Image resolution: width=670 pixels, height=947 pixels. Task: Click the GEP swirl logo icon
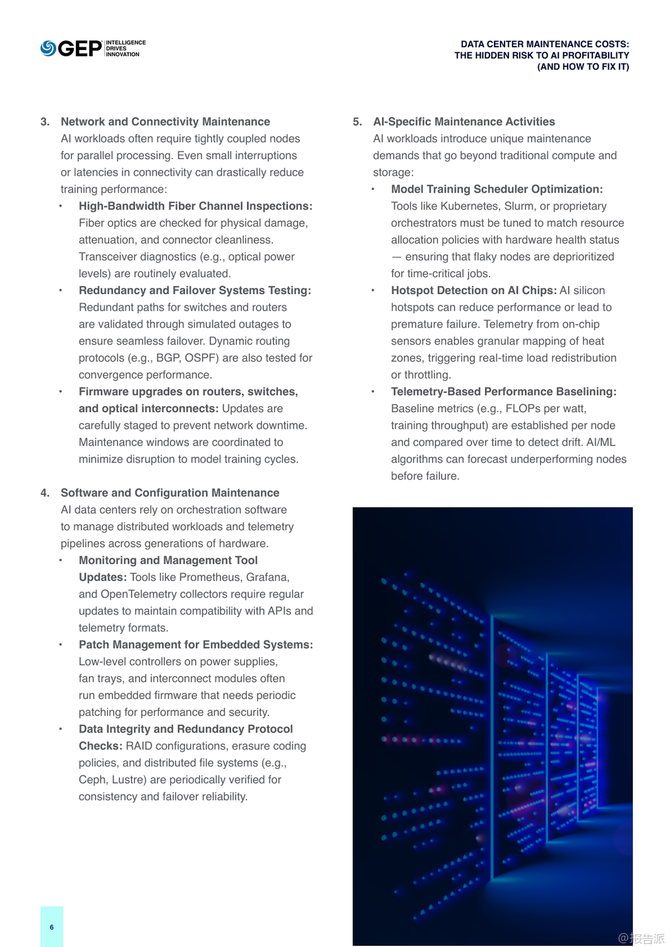pos(48,48)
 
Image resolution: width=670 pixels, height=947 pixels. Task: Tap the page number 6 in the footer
pos(52,927)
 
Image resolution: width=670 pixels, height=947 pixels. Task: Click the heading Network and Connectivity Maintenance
pos(165,122)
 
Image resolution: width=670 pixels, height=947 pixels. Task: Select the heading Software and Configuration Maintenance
pos(170,493)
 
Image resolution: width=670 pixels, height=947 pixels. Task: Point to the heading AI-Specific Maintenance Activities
pos(464,122)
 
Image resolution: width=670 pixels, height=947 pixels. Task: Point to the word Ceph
pos(92,780)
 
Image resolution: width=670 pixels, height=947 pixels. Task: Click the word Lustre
pos(129,780)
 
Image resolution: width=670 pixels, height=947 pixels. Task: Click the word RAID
pos(139,746)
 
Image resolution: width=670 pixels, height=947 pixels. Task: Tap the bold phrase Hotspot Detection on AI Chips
pos(474,290)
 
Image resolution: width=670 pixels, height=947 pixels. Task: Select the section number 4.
pos(45,493)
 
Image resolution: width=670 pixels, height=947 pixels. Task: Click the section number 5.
pos(357,122)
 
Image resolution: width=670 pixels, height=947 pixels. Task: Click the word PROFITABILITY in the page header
pos(595,56)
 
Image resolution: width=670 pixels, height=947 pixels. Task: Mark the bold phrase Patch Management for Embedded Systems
pos(196,645)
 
